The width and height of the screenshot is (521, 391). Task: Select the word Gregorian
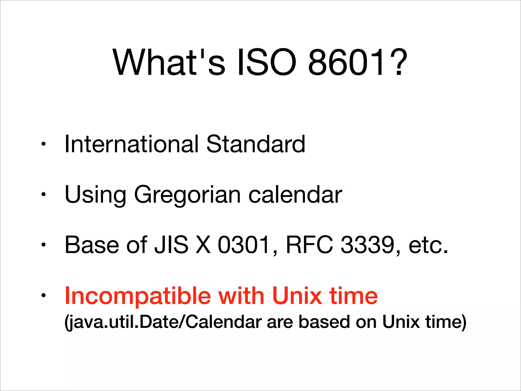(187, 195)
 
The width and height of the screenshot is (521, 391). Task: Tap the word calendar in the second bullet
(295, 195)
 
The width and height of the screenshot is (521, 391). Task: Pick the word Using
(95, 195)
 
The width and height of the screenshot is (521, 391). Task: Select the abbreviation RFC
(309, 245)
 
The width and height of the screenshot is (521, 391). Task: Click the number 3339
(367, 245)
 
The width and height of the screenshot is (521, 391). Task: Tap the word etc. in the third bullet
(428, 245)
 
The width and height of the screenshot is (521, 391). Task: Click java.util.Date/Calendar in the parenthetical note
(163, 322)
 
